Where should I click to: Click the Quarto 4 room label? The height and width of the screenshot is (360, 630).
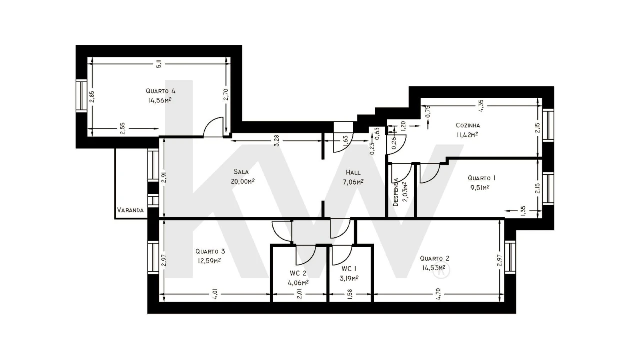(160, 91)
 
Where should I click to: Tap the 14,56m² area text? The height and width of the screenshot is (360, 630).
(160, 100)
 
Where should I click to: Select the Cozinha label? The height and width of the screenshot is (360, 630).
(468, 125)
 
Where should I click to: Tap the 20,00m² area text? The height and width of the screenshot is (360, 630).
(243, 181)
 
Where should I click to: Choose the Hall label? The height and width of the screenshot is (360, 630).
(353, 173)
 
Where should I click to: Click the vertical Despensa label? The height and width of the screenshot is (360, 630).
(396, 192)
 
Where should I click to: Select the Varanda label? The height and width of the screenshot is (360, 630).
(130, 210)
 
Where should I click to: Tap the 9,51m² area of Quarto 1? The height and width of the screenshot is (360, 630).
(478, 187)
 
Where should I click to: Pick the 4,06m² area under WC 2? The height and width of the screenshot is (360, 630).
(298, 282)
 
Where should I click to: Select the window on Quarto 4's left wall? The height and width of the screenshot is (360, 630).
(81, 96)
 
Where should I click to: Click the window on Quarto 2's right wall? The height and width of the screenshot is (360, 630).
(510, 257)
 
